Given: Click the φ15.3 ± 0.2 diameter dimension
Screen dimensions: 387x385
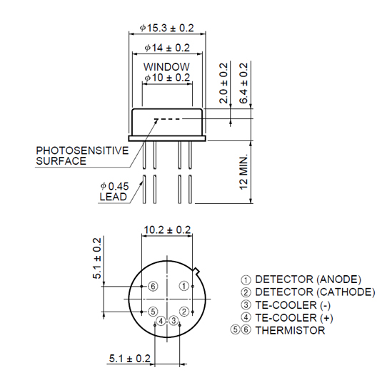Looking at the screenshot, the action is click(x=167, y=28).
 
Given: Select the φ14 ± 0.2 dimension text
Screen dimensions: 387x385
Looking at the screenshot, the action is click(x=167, y=48).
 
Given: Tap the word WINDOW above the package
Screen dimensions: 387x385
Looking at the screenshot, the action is click(x=166, y=67).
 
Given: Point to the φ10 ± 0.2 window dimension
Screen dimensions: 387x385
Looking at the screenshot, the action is click(x=167, y=78).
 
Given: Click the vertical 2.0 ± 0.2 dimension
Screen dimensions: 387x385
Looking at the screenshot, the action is click(x=223, y=83).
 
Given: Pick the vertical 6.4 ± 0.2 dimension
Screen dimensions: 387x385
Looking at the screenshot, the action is click(x=243, y=83).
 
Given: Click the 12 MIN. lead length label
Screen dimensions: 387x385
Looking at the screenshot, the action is click(x=243, y=172).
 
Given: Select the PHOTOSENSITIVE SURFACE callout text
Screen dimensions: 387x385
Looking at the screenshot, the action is click(x=82, y=155).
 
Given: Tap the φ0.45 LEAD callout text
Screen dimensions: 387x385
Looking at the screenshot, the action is click(x=114, y=192).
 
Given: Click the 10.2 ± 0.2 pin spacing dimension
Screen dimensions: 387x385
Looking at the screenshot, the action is click(x=167, y=230).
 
